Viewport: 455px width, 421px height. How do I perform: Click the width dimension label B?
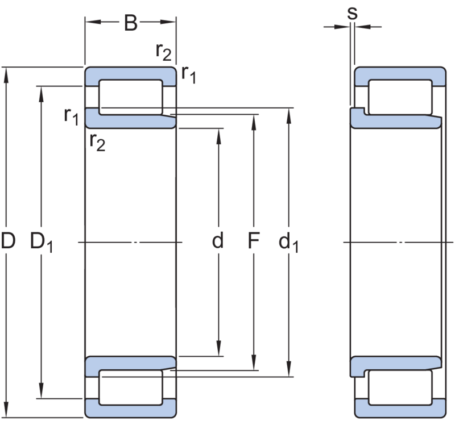point(131,24)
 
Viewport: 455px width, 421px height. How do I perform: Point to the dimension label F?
point(253,243)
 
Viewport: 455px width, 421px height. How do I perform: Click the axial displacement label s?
point(352,14)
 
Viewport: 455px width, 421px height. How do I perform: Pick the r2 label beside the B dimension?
point(164,52)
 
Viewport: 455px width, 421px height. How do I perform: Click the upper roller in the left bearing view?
point(130,96)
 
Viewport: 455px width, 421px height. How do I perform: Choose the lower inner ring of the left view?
point(130,366)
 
